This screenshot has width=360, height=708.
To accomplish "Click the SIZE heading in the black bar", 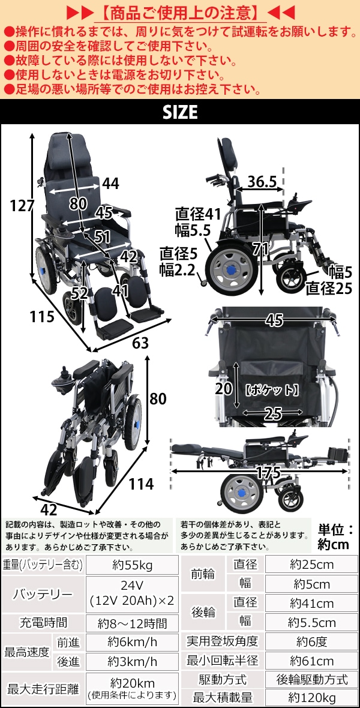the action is point(180,112).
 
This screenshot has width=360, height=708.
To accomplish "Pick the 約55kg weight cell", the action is point(133,565).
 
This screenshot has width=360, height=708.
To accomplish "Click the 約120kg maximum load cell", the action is point(312,698).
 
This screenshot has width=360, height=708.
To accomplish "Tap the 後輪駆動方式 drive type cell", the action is point(312,679).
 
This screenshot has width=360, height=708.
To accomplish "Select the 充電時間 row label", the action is point(43,623).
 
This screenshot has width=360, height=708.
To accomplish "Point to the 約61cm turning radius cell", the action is point(312,661).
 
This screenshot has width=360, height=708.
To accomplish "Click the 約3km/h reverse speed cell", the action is point(133,662).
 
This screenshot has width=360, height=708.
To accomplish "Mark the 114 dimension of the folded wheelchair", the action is point(142,484).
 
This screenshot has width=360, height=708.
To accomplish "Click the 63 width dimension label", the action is point(140,343).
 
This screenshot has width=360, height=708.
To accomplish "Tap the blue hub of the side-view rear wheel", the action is point(232,270).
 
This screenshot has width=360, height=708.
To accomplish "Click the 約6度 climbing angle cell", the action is point(312,641).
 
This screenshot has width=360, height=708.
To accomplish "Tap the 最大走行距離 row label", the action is point(43,689).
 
